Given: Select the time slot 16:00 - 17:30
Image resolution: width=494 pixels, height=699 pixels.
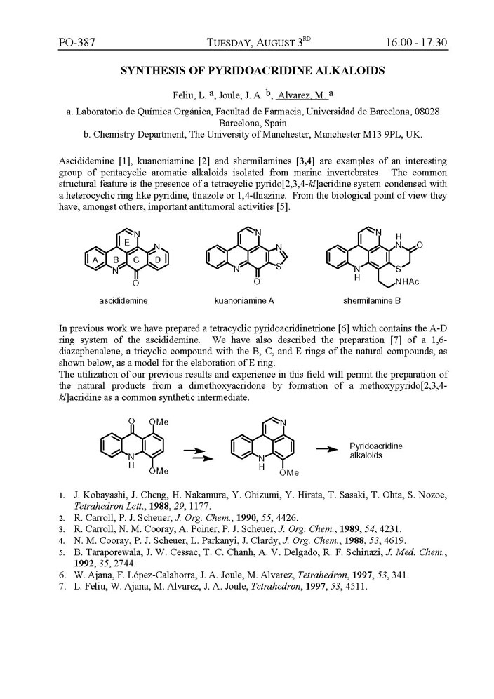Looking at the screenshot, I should (416, 43).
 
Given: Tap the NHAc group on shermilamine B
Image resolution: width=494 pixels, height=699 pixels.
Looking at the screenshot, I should (413, 283).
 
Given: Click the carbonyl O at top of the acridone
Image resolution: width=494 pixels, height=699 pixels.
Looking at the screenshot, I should (123, 418).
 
